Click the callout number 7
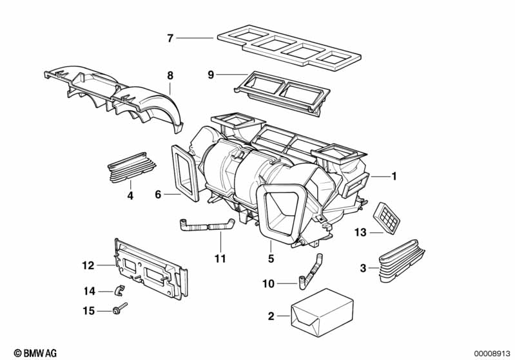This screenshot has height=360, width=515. [x=170, y=39]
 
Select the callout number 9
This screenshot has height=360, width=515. [x=210, y=75]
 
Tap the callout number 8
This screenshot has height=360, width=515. [x=170, y=75]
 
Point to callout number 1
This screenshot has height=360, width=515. [x=394, y=176]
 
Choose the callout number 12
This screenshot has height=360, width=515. [x=88, y=265]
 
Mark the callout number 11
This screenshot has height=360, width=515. [x=220, y=259]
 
